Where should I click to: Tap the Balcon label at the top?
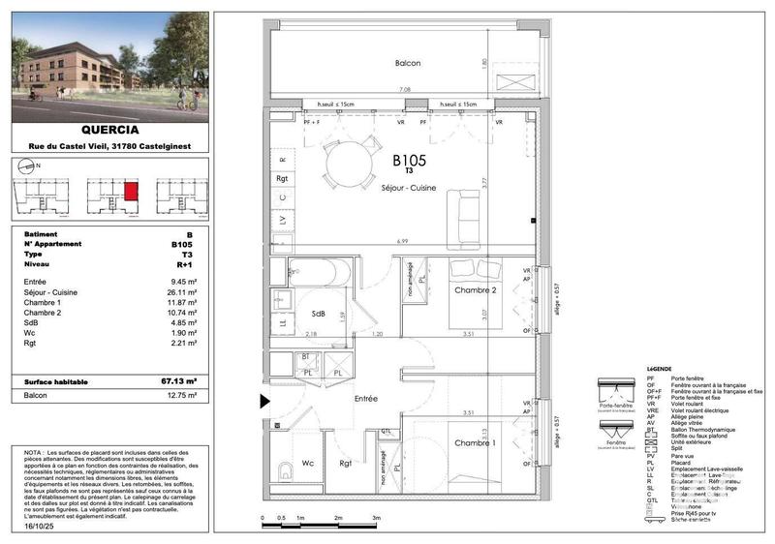pyautogui.click(x=408, y=63)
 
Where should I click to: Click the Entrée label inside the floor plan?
pyautogui.click(x=365, y=398)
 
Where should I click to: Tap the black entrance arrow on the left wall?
pyautogui.click(x=264, y=400)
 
